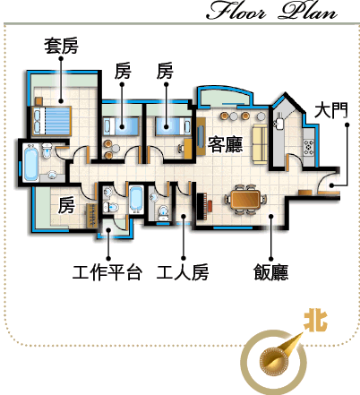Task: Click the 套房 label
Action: [x=61, y=46]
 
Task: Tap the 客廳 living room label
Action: [x=225, y=144]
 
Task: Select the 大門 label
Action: [x=331, y=110]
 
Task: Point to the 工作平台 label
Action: [x=107, y=272]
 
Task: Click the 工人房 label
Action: [x=183, y=272]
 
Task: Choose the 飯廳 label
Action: [x=271, y=272]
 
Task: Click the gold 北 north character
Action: [x=315, y=321]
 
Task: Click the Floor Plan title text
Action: [x=271, y=11]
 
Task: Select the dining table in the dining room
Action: [x=245, y=199]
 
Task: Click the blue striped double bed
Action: [x=51, y=121]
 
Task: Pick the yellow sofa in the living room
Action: [x=261, y=143]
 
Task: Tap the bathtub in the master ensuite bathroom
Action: [x=31, y=163]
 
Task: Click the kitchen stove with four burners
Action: [x=309, y=146]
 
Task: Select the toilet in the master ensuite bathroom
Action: [x=47, y=150]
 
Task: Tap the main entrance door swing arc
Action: [x=325, y=179]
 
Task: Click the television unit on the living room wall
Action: [x=201, y=136]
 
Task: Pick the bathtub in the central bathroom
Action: [x=136, y=198]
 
